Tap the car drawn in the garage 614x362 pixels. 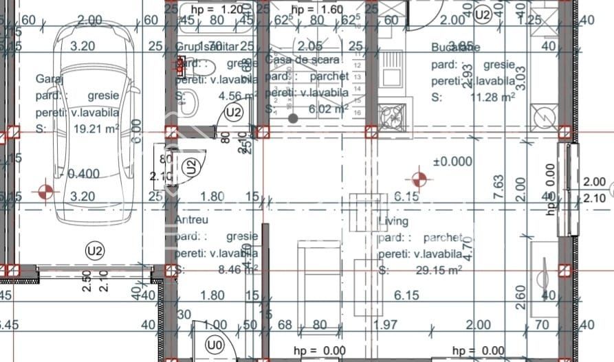(x=96, y=110)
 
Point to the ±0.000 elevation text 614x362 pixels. (x=452, y=161)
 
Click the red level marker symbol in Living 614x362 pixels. (x=419, y=180)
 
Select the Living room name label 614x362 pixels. (x=393, y=221)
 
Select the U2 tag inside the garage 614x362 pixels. (x=94, y=251)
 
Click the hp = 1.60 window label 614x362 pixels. (x=316, y=10)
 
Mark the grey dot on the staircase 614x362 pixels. (x=293, y=118)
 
